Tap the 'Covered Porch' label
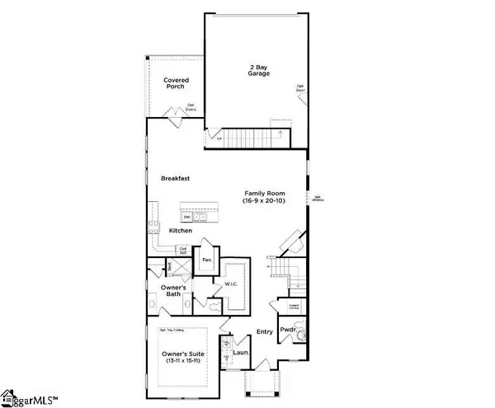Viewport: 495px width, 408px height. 175,82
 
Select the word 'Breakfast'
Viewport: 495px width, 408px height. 177,177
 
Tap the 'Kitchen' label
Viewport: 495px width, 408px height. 181,231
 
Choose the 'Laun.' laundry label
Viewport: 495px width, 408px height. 240,353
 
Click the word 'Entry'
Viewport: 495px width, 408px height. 264,332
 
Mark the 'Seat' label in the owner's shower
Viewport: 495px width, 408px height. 168,265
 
